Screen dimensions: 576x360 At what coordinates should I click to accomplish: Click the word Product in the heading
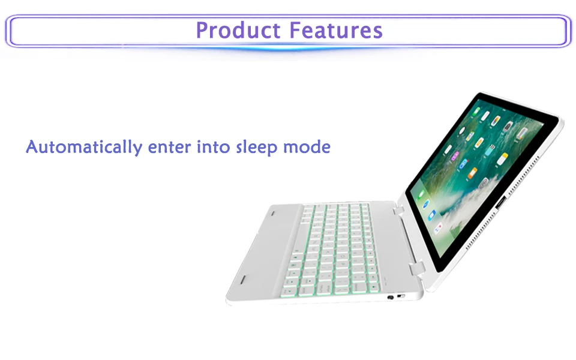click(x=238, y=30)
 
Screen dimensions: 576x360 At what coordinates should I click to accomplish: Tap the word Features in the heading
click(x=336, y=30)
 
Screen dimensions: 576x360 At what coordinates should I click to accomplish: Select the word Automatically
click(x=84, y=148)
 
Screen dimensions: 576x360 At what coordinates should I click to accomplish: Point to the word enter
click(x=169, y=148)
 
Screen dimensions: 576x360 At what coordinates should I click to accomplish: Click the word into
click(x=213, y=147)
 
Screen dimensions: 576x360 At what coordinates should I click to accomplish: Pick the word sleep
click(x=257, y=148)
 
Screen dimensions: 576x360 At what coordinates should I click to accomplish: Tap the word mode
click(x=307, y=147)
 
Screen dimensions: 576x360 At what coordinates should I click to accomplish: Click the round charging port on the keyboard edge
click(x=391, y=297)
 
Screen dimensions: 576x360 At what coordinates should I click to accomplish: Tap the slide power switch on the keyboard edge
click(x=401, y=296)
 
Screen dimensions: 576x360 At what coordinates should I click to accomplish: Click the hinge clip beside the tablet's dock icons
click(x=398, y=211)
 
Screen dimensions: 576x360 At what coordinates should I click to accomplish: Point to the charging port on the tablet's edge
click(x=501, y=203)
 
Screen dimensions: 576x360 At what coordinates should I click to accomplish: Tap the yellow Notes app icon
click(x=503, y=158)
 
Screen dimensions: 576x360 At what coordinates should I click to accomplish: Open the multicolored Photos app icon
click(x=496, y=120)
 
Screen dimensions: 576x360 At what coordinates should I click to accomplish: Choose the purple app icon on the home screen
click(x=455, y=156)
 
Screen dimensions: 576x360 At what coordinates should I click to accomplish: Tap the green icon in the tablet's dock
click(x=421, y=194)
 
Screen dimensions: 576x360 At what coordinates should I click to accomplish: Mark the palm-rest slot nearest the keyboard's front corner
click(x=243, y=280)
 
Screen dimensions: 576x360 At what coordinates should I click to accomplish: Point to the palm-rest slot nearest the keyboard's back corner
click(x=273, y=213)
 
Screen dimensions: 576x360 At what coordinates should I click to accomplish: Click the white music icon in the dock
click(x=438, y=229)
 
